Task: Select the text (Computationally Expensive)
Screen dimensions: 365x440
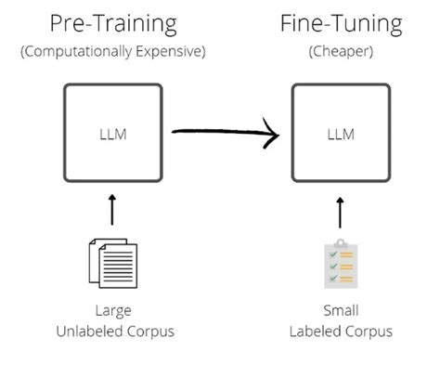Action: [x=112, y=51]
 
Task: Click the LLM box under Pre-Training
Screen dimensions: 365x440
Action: [x=112, y=134]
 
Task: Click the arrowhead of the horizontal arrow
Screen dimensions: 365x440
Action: [x=270, y=135]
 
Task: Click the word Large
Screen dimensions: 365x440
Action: [x=112, y=310]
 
